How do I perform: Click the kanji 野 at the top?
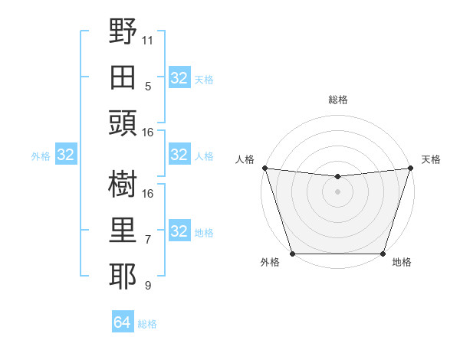124,31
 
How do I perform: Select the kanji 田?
124,78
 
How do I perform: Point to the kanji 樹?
124,185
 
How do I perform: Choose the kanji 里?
124,231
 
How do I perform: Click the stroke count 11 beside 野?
148,40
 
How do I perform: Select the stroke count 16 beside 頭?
148,133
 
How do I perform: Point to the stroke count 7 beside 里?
148,240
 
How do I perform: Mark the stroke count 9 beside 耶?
148,286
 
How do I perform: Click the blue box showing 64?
123,322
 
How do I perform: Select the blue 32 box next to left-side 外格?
66,155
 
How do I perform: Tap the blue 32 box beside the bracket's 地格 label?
179,231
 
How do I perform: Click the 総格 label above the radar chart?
337,100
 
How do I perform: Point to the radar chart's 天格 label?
431,159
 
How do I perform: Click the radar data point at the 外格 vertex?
293,254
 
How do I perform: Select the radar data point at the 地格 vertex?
382,254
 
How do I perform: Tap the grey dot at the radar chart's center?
337,192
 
